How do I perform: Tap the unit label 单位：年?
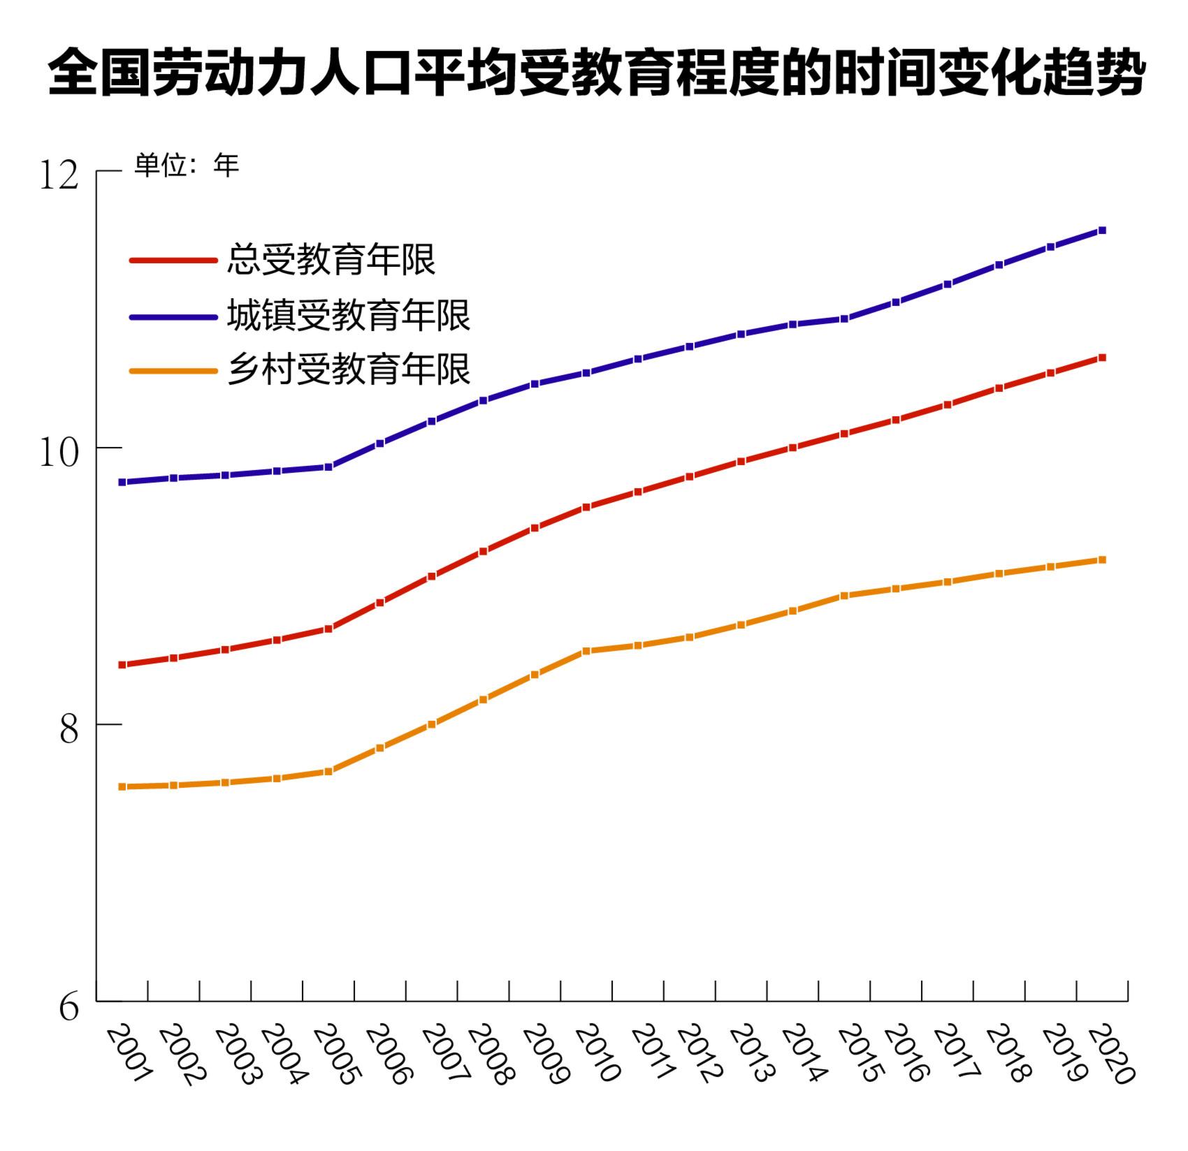pos(187,166)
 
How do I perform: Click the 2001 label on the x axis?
pos(129,1055)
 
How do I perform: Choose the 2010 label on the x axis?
pos(595,1055)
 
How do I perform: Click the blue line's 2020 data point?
pos(1102,230)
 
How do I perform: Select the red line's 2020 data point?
pos(1102,358)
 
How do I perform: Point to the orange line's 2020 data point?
pos(1102,559)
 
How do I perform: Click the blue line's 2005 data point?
pos(328,467)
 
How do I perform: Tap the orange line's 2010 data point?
pos(586,651)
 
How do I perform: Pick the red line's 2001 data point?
pos(122,665)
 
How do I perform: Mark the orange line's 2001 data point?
pos(122,786)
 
